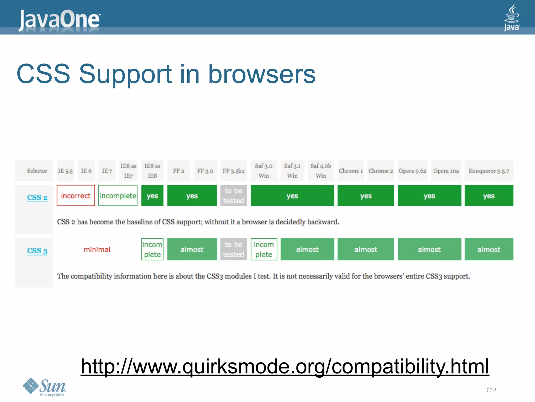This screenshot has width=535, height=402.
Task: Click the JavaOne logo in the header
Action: [x=60, y=19]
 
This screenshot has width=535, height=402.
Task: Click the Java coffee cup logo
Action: [x=511, y=17]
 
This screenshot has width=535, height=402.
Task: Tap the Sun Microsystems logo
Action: [x=44, y=387]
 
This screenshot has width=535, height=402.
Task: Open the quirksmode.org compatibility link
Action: [x=285, y=366]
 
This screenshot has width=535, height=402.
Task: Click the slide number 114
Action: [x=491, y=390]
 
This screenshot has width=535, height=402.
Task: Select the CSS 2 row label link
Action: [x=37, y=197]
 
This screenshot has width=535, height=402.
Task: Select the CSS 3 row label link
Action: [x=37, y=251]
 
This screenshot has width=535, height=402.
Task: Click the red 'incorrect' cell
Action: [x=76, y=196]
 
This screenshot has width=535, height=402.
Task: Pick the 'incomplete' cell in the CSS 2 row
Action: [x=118, y=196]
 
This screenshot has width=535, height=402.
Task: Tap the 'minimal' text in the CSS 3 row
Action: [x=97, y=249]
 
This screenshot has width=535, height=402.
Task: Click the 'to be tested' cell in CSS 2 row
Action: [x=234, y=196]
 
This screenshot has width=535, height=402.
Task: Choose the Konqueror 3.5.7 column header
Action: [x=489, y=171]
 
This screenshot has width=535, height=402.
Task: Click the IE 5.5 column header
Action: [x=65, y=171]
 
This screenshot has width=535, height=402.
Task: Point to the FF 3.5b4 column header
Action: [x=234, y=171]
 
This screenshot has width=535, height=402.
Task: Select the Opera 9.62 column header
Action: [x=412, y=171]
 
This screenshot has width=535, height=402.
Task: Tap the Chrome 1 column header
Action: [x=351, y=171]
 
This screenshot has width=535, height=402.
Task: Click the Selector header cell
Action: [x=37, y=171]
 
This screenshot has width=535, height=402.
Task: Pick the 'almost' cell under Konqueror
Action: [x=489, y=249]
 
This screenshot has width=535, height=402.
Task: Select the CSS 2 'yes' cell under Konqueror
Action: [x=489, y=196]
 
